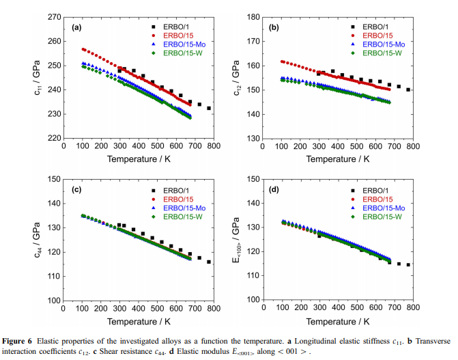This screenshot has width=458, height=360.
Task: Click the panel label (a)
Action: [x=76, y=27]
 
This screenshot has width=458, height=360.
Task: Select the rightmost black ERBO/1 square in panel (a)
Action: [x=209, y=108]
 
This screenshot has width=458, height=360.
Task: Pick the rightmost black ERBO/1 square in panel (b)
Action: [x=408, y=89]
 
